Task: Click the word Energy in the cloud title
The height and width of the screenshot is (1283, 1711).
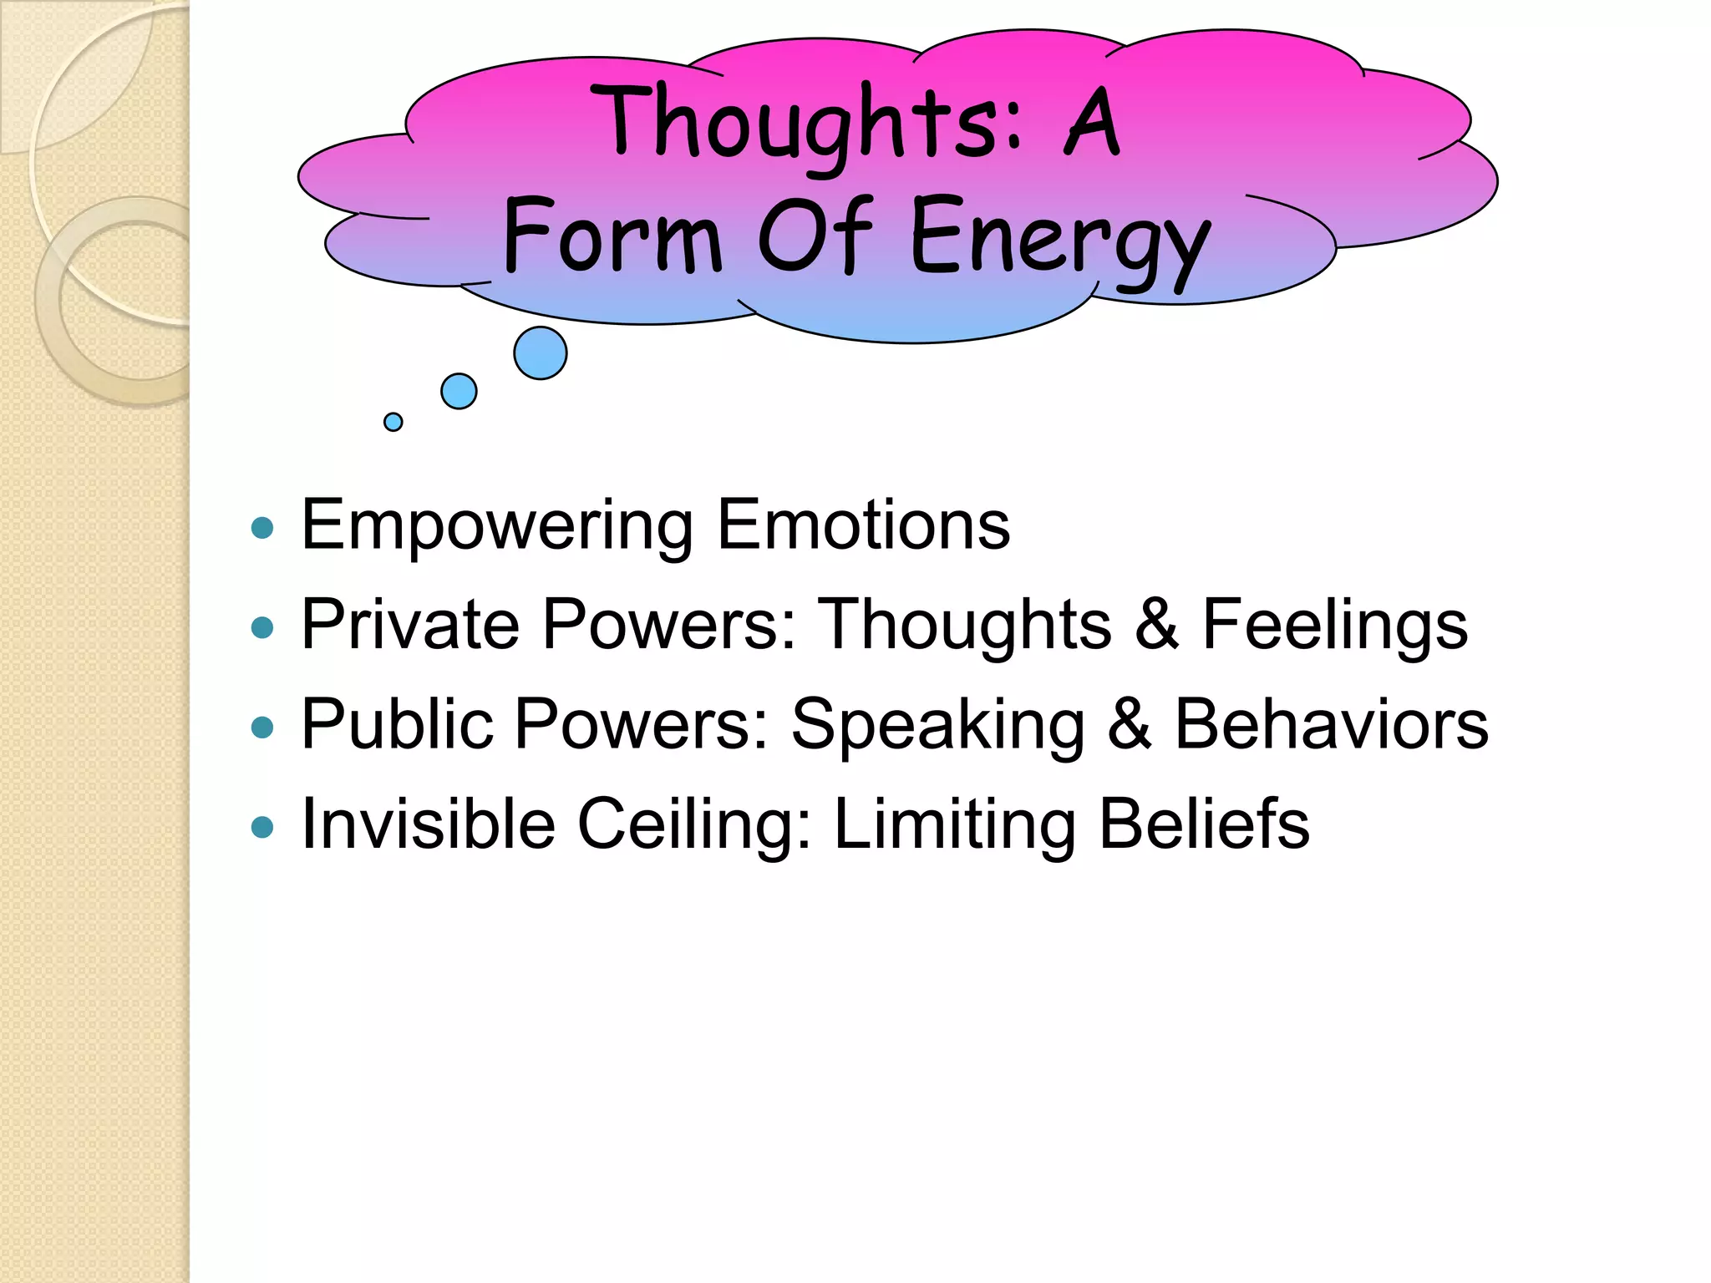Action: [1059, 238]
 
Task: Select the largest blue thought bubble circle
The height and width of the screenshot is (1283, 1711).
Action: [541, 353]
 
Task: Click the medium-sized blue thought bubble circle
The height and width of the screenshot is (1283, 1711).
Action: [459, 391]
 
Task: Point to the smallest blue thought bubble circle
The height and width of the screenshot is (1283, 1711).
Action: [393, 422]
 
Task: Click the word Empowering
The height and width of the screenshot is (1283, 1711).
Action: [497, 526]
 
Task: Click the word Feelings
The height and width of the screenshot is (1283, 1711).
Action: [1334, 626]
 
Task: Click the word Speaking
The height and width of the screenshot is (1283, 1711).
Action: [937, 726]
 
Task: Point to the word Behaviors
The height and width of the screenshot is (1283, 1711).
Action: [1331, 724]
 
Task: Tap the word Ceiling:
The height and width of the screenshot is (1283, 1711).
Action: [694, 825]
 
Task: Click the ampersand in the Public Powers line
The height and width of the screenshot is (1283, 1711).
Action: [1130, 724]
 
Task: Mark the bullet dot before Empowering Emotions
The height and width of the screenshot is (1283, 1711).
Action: [262, 528]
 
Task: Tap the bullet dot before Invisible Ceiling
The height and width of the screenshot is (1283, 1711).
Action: [262, 827]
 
